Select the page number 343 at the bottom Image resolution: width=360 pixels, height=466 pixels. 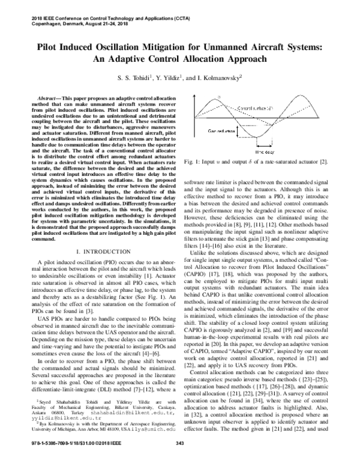179,460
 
